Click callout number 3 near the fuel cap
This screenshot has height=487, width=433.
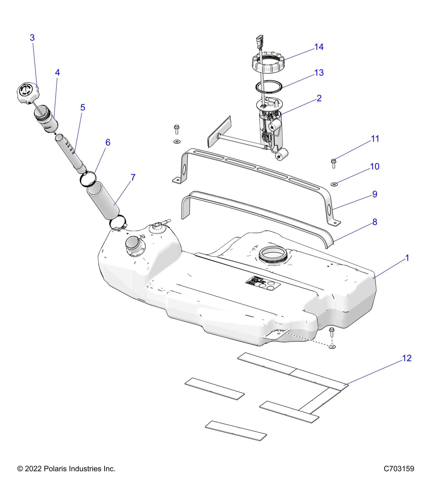(32, 38)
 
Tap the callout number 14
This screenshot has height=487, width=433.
(319, 47)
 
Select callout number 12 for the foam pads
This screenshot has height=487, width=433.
(407, 358)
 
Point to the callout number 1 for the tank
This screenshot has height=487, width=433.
(407, 258)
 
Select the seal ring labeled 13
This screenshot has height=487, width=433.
(269, 87)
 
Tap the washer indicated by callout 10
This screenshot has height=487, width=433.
(334, 184)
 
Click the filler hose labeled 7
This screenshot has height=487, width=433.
(103, 202)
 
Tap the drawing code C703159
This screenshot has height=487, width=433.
(399, 469)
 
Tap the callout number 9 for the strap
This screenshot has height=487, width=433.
(375, 194)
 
